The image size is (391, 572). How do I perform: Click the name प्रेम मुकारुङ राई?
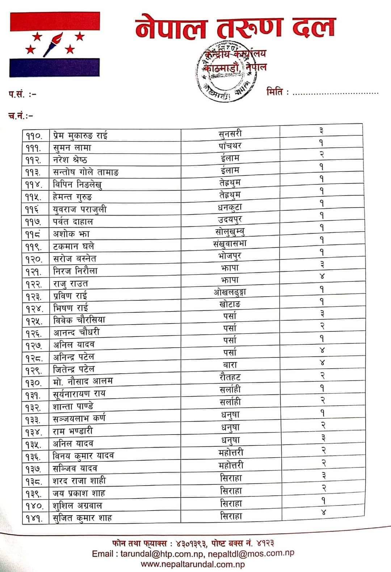coord(80,136)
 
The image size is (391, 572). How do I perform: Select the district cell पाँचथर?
coord(230,146)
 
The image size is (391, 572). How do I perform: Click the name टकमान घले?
coord(73,246)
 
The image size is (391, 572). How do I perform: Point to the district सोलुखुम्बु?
coord(230,231)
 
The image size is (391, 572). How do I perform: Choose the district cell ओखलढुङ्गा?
coord(230,292)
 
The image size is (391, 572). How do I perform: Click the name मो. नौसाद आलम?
coord(83,381)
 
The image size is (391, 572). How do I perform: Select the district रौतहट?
coord(230,377)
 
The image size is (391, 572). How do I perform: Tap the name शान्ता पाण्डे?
coord(73,406)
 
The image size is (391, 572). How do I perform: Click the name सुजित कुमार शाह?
coord(83,518)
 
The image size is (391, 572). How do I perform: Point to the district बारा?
coord(230,365)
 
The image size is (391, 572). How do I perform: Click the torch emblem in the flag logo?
coord(53,44)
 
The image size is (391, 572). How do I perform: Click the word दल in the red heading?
coord(314,28)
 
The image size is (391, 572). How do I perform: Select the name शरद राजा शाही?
coord(79,481)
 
